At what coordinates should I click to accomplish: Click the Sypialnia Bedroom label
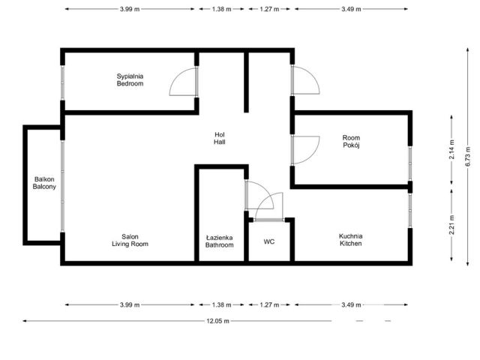[x=130, y=80]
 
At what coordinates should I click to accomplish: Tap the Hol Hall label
[x=220, y=138]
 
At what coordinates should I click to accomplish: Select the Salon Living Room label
[x=130, y=240]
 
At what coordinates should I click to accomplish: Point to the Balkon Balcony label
[x=44, y=183]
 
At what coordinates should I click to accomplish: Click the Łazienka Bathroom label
[x=220, y=241]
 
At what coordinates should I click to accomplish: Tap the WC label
[x=269, y=241]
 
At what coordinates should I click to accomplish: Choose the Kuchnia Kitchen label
[x=351, y=240]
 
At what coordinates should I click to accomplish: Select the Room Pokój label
[x=351, y=142]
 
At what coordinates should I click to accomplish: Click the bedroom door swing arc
[x=175, y=76]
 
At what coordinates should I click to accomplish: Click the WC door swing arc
[x=262, y=201]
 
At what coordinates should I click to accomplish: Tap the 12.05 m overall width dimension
[x=217, y=321]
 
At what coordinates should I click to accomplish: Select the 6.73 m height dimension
[x=468, y=157]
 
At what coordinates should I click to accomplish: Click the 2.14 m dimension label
[x=451, y=149]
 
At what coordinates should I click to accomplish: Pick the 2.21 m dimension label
[x=451, y=225]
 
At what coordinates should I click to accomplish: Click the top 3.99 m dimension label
[x=130, y=9]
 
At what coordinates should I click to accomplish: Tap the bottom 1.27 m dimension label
[x=269, y=305]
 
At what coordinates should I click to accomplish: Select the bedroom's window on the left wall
[x=62, y=82]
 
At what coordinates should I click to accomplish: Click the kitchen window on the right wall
[x=410, y=211]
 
